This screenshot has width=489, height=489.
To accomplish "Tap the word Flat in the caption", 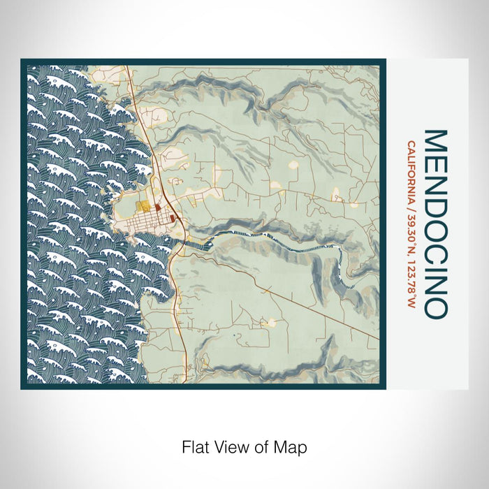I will pyautogui.click(x=196, y=446).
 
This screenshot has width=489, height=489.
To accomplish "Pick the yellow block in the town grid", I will pyautogui.click(x=144, y=207).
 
